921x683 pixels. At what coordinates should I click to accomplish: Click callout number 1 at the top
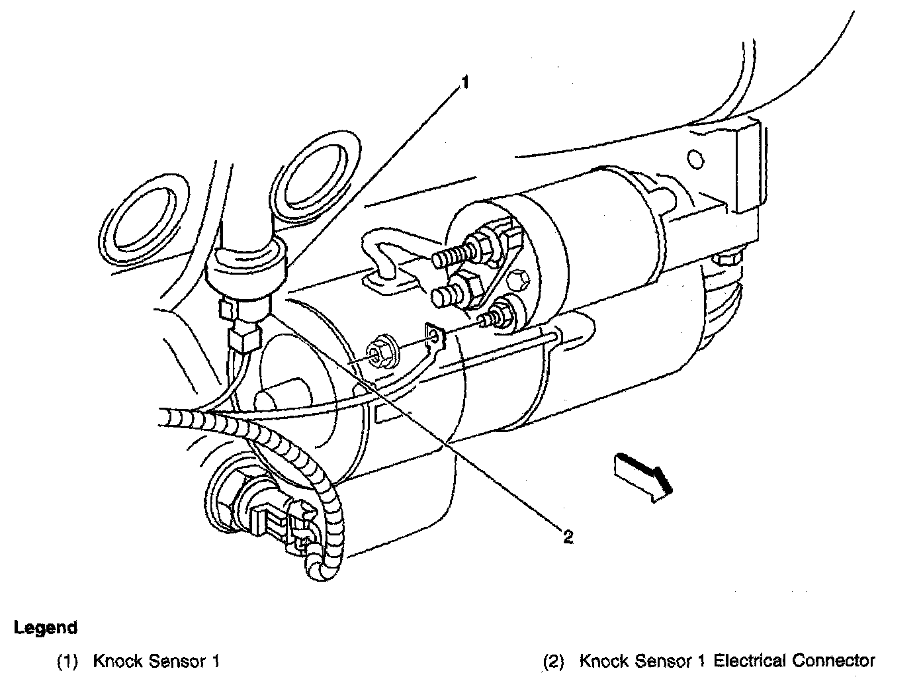(465, 82)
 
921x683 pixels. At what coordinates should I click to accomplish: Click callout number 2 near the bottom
(567, 536)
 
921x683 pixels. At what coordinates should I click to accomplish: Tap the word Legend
(46, 627)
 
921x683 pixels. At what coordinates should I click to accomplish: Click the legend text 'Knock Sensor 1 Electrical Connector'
(726, 660)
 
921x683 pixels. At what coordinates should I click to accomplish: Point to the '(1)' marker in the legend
(68, 660)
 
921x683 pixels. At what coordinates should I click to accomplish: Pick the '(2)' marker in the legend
(554, 660)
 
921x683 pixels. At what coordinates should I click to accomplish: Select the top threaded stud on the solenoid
(456, 255)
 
